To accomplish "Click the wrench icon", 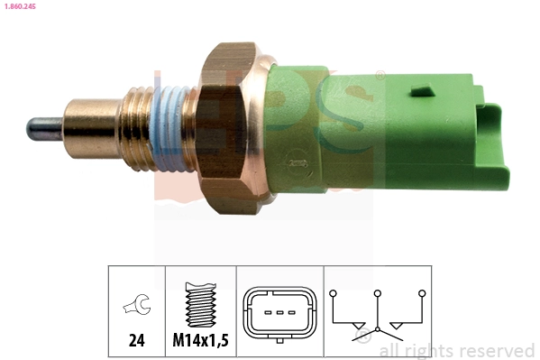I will [136, 309].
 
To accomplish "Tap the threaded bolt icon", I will [200, 308].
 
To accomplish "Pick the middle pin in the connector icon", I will [279, 313].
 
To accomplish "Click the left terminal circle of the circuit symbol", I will [334, 293].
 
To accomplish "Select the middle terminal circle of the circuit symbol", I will [378, 293].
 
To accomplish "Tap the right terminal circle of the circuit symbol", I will [421, 293].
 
